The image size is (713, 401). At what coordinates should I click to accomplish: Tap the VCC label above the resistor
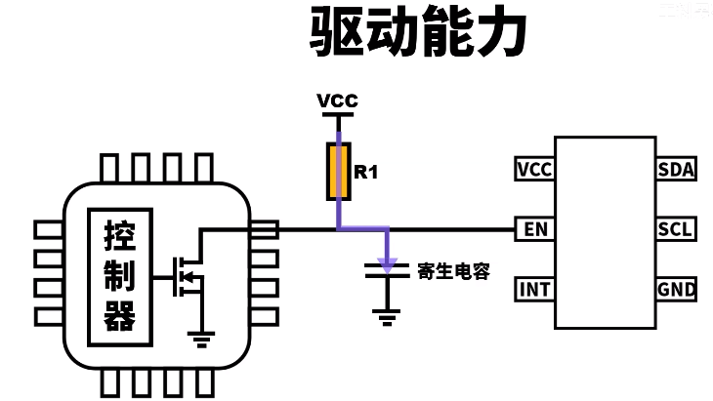(338, 101)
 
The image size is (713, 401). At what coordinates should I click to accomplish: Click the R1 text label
(366, 173)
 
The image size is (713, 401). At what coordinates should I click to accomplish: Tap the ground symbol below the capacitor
(388, 314)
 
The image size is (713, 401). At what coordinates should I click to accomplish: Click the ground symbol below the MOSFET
(201, 338)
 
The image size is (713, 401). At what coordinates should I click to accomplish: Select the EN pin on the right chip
(534, 230)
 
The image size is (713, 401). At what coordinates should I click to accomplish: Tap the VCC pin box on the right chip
(534, 170)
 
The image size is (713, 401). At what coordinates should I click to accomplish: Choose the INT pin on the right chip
(534, 290)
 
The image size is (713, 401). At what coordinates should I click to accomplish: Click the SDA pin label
(676, 170)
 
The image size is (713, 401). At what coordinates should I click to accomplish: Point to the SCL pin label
(676, 230)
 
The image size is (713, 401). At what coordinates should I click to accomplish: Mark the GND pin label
(676, 290)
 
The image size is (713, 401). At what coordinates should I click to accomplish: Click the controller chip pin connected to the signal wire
(264, 230)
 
